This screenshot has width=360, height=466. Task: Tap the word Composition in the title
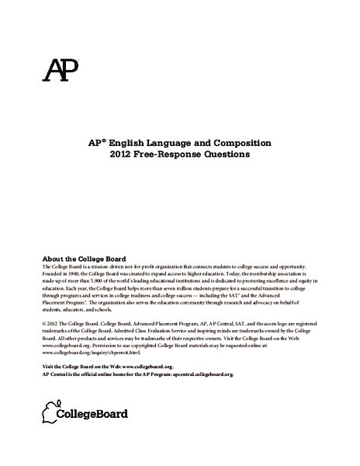pyautogui.click(x=235, y=144)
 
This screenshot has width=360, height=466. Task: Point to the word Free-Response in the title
pyautogui.click(x=171, y=155)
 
